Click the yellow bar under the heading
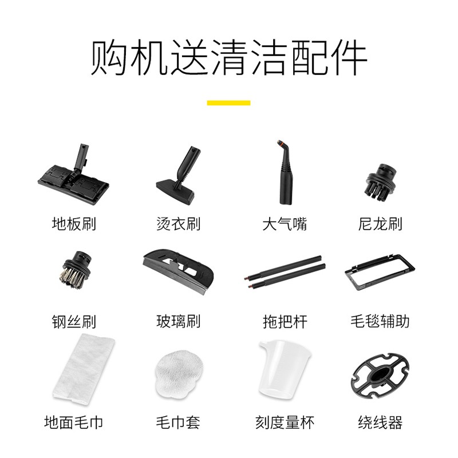click(228, 103)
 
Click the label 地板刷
click(73, 223)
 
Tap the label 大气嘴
click(285, 223)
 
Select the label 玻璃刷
click(178, 321)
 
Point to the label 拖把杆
click(285, 321)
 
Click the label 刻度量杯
click(285, 423)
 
